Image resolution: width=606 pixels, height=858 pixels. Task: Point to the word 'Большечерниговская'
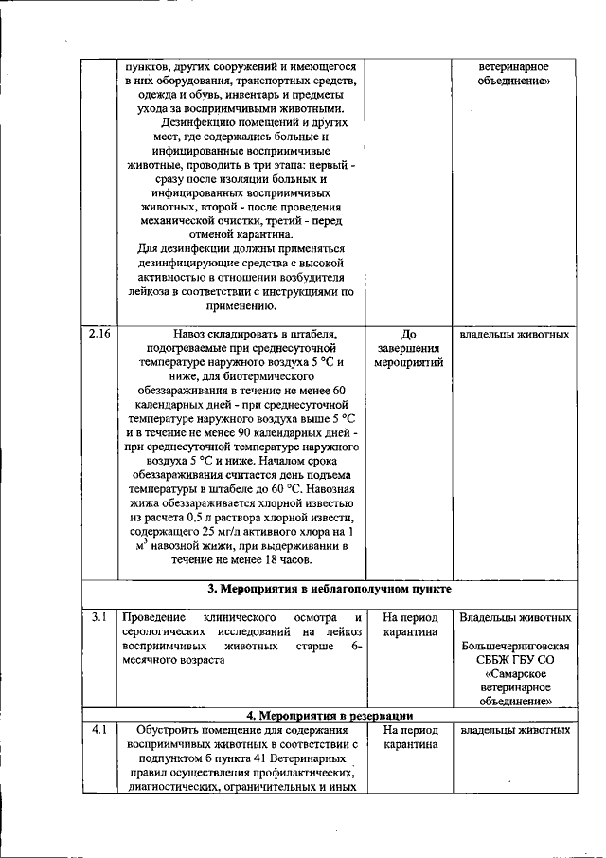pyautogui.click(x=515, y=653)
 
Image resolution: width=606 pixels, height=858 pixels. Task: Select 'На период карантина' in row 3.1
pyautogui.click(x=409, y=625)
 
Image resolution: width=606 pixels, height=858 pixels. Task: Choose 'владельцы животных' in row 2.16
pyautogui.click(x=515, y=335)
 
